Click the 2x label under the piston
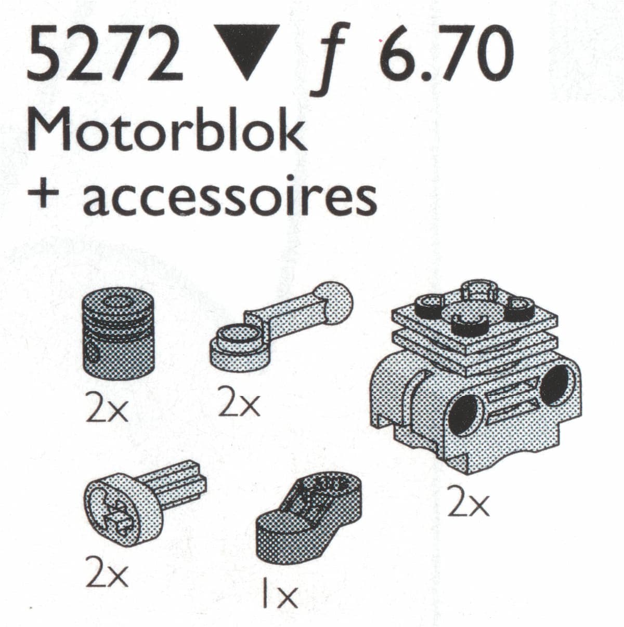[x=107, y=410]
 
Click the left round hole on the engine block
[x=464, y=415]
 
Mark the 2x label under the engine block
[x=470, y=504]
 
